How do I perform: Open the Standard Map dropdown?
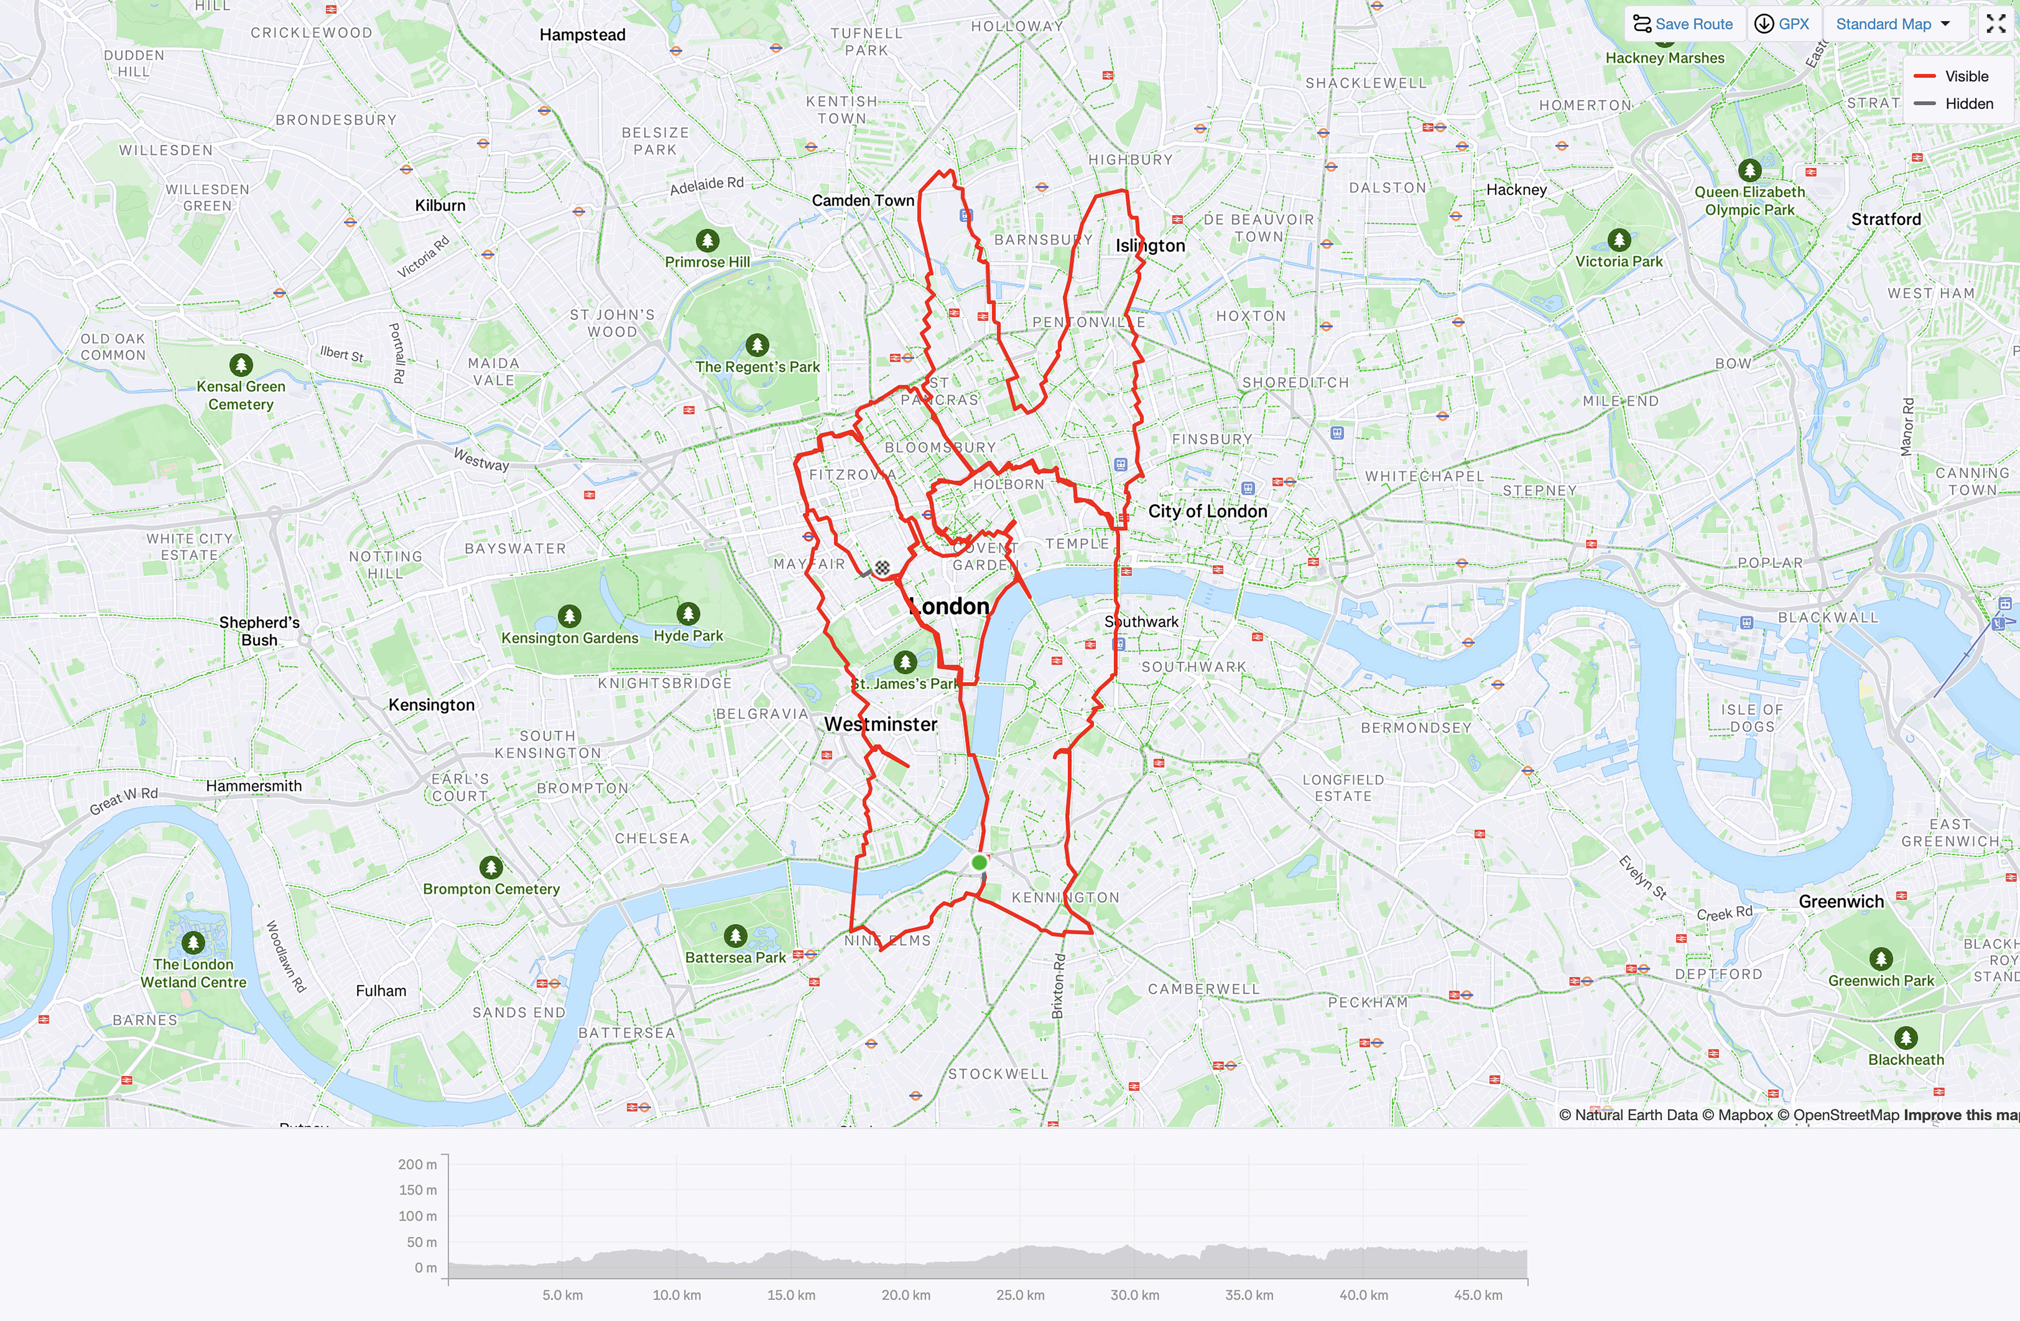click(1893, 24)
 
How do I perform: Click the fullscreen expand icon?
click(1996, 24)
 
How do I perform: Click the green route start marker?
click(979, 863)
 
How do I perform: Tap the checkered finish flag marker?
click(883, 568)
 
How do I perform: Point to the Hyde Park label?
click(688, 636)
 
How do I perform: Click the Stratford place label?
click(1886, 219)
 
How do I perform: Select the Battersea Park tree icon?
click(735, 935)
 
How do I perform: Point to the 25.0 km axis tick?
click(1020, 1295)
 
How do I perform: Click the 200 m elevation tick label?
click(417, 1164)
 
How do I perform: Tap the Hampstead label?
click(582, 35)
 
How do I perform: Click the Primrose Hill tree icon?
click(707, 240)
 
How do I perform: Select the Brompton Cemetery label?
click(491, 889)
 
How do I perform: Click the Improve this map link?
click(1961, 1115)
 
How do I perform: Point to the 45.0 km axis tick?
click(1478, 1295)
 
